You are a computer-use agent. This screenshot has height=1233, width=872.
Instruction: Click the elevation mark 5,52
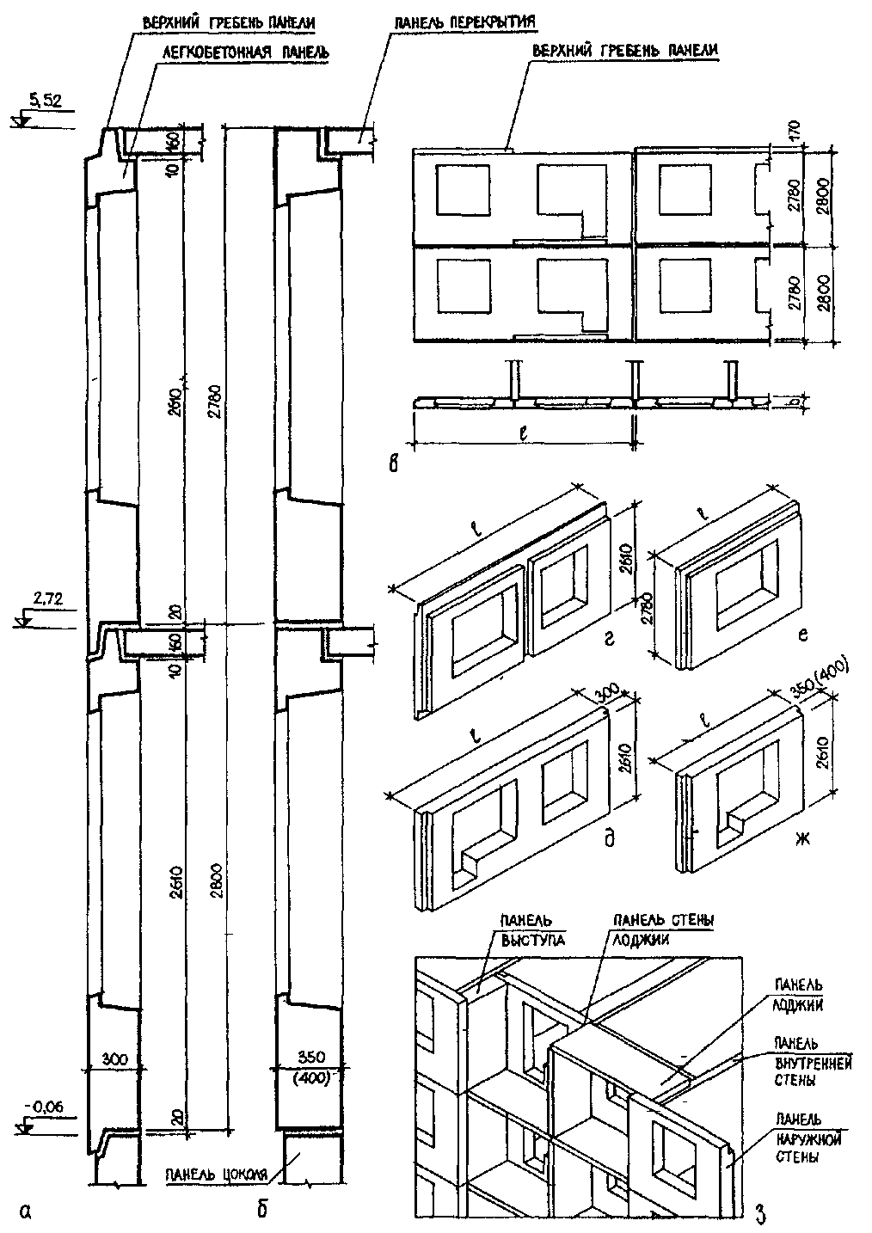[46, 101]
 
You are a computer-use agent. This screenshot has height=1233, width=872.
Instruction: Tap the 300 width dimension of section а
[113, 1059]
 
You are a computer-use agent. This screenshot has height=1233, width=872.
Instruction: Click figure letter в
[394, 465]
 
